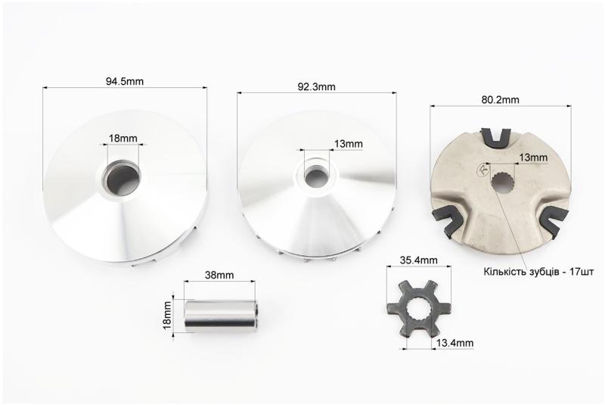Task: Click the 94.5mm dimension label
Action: click(x=125, y=82)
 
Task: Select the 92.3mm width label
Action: click(x=316, y=87)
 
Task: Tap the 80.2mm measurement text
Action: click(x=501, y=100)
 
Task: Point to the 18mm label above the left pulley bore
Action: click(x=123, y=139)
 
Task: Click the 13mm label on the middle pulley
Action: click(x=349, y=144)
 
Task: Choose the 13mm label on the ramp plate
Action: click(x=533, y=157)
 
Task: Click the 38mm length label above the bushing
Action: click(x=219, y=276)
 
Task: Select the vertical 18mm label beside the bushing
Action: click(x=167, y=316)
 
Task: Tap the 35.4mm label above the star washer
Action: click(x=419, y=260)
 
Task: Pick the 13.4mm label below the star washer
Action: click(x=455, y=343)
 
